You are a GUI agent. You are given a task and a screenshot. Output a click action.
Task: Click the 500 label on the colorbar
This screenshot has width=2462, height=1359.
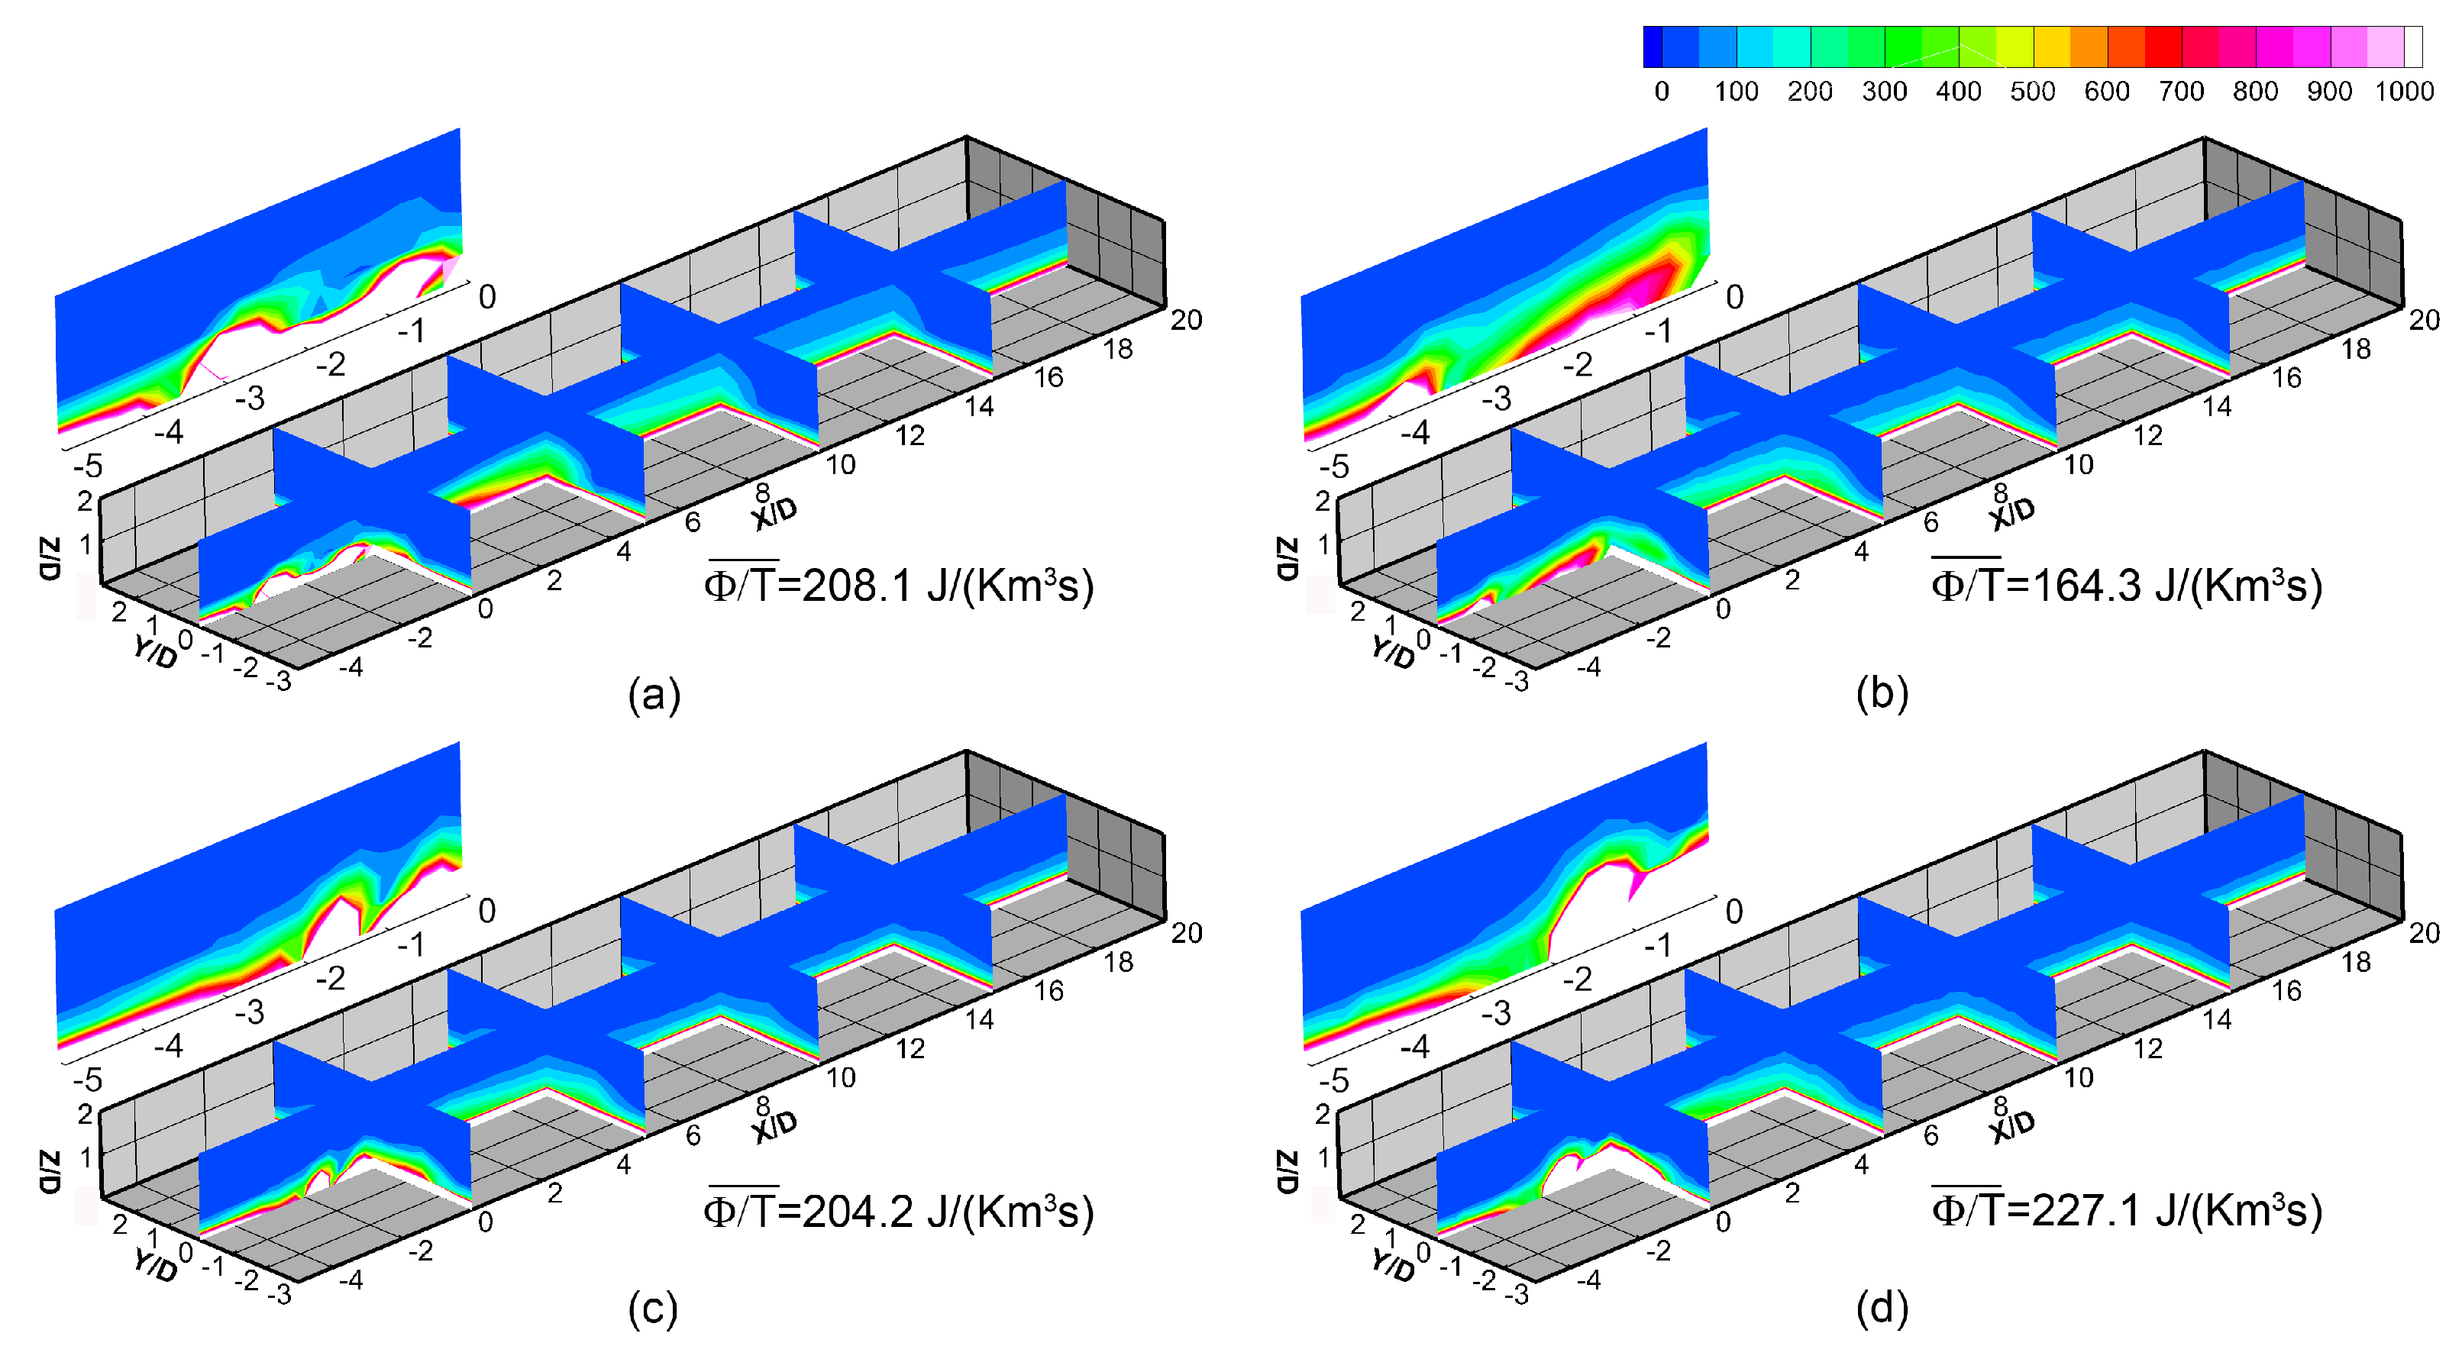[x=2032, y=92]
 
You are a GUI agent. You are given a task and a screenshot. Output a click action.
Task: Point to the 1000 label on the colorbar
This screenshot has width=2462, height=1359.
[x=2404, y=92]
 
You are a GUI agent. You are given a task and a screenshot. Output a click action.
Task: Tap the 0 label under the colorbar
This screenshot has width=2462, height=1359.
[x=1661, y=92]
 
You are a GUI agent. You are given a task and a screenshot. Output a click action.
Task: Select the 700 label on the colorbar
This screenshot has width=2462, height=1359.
[x=2181, y=92]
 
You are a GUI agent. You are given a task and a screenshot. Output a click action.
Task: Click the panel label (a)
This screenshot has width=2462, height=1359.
[x=654, y=694]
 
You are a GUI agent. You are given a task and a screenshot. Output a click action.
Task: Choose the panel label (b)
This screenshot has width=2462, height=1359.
[x=1882, y=694]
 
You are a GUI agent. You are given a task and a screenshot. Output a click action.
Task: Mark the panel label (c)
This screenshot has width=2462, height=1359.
[x=653, y=1307]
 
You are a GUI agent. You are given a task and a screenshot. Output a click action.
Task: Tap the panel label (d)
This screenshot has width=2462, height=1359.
[x=1882, y=1307]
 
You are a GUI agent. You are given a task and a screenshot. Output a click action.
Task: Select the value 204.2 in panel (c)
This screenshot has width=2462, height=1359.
[x=856, y=1212]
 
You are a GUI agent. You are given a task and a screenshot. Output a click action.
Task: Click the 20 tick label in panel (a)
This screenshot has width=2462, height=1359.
[x=1186, y=319]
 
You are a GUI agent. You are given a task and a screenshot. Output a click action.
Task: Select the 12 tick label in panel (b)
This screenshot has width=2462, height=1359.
[x=2147, y=436]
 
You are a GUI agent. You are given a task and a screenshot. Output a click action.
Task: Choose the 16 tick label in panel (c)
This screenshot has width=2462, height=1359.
[x=1048, y=991]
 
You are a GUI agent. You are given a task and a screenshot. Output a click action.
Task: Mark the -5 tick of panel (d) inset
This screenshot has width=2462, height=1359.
[x=1333, y=1081]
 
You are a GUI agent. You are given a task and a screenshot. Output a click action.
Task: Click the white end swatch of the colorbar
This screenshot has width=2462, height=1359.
[x=2413, y=47]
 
